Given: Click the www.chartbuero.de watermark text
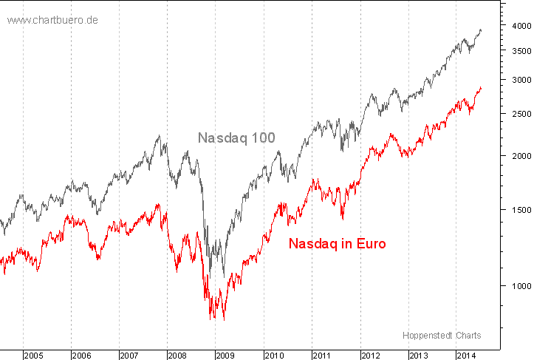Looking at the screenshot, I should tap(52, 20).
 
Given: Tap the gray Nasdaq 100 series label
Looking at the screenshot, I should tap(236, 137).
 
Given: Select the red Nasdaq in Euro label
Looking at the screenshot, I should tap(337, 243).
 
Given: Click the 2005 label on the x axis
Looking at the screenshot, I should tap(33, 356).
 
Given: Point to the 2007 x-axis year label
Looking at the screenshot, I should tap(129, 356).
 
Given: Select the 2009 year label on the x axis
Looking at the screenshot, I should tap(226, 356).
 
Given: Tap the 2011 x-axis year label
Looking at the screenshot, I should tap(322, 356).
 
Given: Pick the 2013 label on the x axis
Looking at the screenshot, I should tap(418, 356).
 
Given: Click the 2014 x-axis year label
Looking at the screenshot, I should tap(466, 356).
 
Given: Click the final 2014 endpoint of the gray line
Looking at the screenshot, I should tap(481, 30).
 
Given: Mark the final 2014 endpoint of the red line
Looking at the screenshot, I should tap(481, 88).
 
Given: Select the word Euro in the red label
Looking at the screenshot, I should tap(369, 243).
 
